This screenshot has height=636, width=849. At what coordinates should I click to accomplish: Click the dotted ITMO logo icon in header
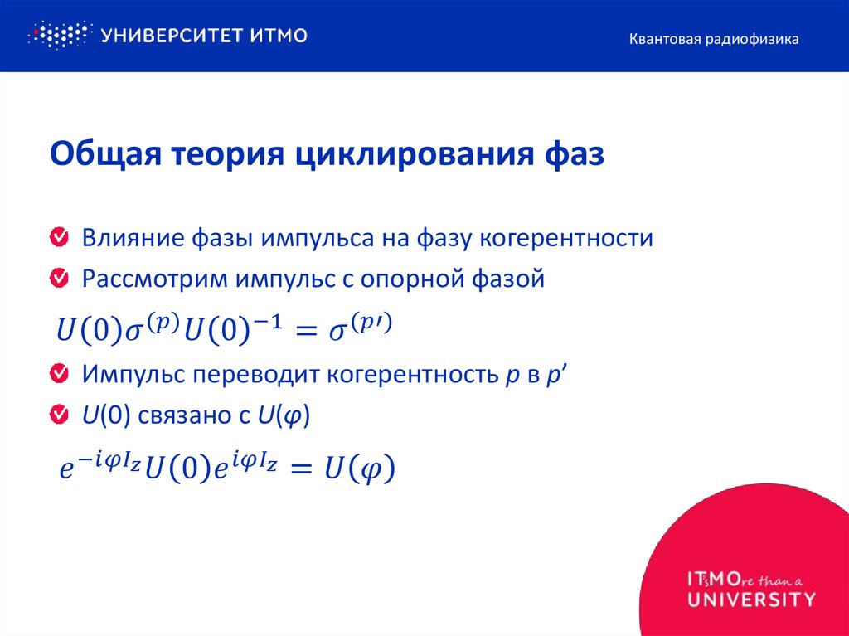pyautogui.click(x=58, y=35)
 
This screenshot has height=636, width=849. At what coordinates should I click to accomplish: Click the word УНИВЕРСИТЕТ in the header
pyautogui.click(x=167, y=35)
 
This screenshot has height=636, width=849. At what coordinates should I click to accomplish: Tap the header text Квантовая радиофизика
pyautogui.click(x=713, y=39)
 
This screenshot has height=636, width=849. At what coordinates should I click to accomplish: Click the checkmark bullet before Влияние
pyautogui.click(x=59, y=238)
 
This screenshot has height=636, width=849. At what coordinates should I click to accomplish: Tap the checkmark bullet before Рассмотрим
pyautogui.click(x=59, y=279)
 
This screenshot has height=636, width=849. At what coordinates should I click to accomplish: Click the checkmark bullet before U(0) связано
pyautogui.click(x=59, y=414)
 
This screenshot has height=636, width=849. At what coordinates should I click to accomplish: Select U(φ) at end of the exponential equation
pyautogui.click(x=359, y=470)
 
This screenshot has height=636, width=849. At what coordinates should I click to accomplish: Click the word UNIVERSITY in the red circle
pyautogui.click(x=751, y=599)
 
